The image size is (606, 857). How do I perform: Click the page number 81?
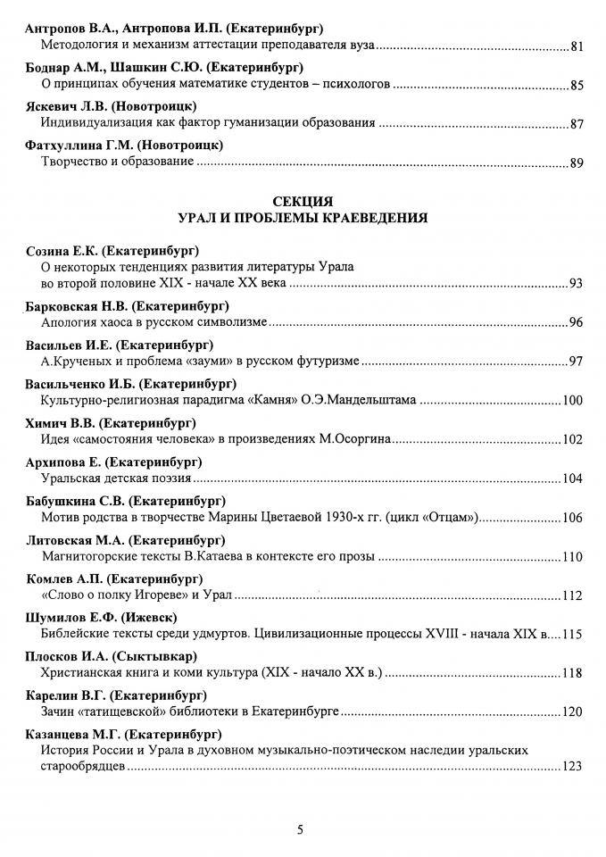click(576, 47)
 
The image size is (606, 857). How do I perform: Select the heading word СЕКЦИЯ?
click(303, 201)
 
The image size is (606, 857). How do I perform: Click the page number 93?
click(576, 284)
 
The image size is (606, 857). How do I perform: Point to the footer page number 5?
click(300, 830)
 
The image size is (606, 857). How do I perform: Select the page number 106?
click(572, 519)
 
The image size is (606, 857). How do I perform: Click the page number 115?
click(572, 635)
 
